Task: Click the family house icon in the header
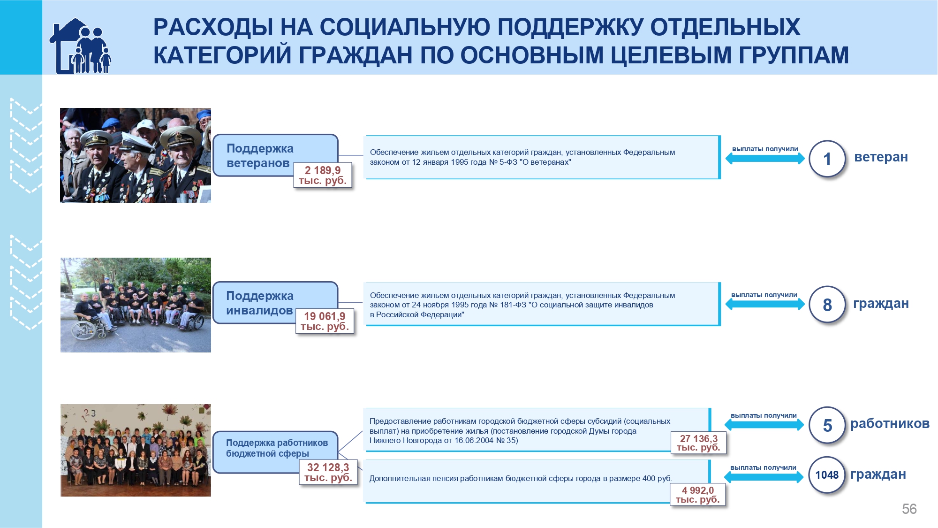pos(80,46)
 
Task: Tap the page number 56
pos(909,509)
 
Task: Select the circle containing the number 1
pos(827,159)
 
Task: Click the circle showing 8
pos(827,305)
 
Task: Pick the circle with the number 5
pos(827,425)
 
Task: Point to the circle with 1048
pos(826,475)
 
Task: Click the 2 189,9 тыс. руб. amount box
pos(323,175)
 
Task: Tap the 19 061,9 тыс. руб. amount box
pos(325,321)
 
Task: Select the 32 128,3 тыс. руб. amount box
pos(328,472)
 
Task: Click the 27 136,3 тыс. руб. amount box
pos(698,443)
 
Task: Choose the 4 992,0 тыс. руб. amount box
pos(697,495)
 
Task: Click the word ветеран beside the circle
pos(881,157)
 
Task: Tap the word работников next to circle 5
pos(890,423)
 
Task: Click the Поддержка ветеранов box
pos(275,155)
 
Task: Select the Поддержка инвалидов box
pos(275,303)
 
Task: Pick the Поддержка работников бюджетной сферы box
pos(275,452)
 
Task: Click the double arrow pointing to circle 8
pos(765,304)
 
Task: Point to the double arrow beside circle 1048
pos(764,477)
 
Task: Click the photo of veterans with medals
pos(136,155)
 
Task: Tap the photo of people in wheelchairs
pos(136,305)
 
